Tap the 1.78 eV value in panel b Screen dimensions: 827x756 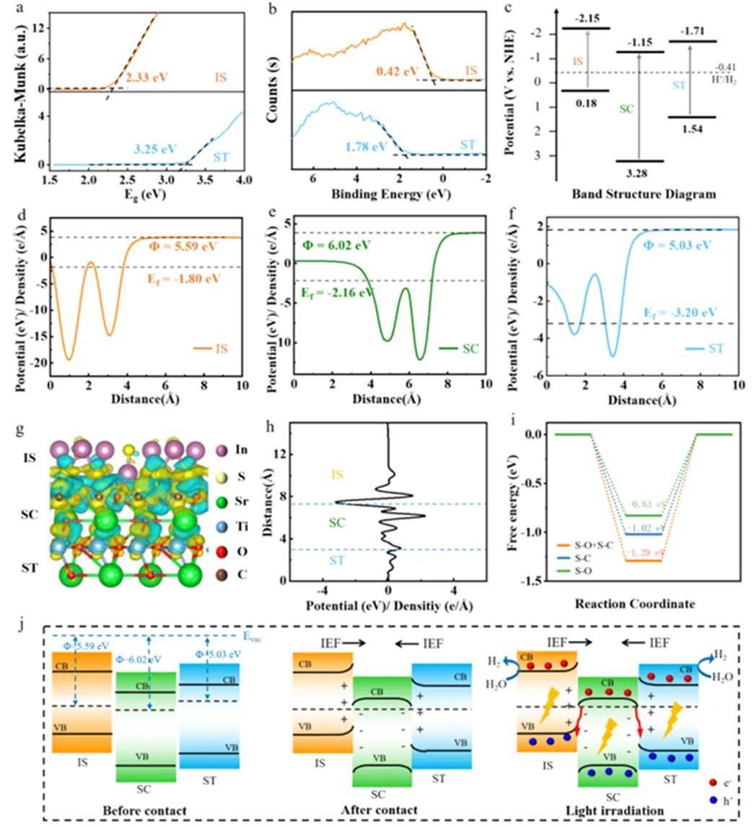click(x=366, y=149)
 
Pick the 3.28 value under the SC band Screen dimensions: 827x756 click(x=638, y=172)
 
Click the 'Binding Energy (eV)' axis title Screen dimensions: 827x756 click(x=385, y=194)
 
